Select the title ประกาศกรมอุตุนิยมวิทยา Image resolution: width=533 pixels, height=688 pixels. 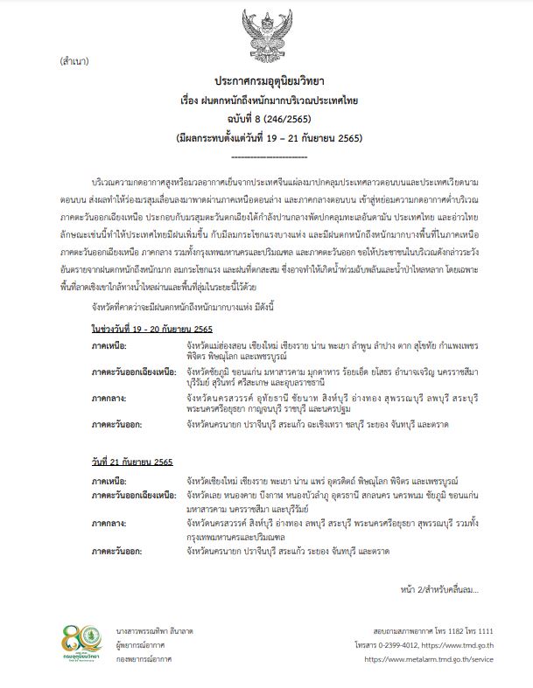tap(266, 79)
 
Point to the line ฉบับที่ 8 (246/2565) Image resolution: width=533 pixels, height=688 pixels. tap(265, 120)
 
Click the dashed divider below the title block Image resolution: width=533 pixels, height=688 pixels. tap(266, 156)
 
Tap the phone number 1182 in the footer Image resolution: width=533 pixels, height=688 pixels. tap(441, 630)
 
